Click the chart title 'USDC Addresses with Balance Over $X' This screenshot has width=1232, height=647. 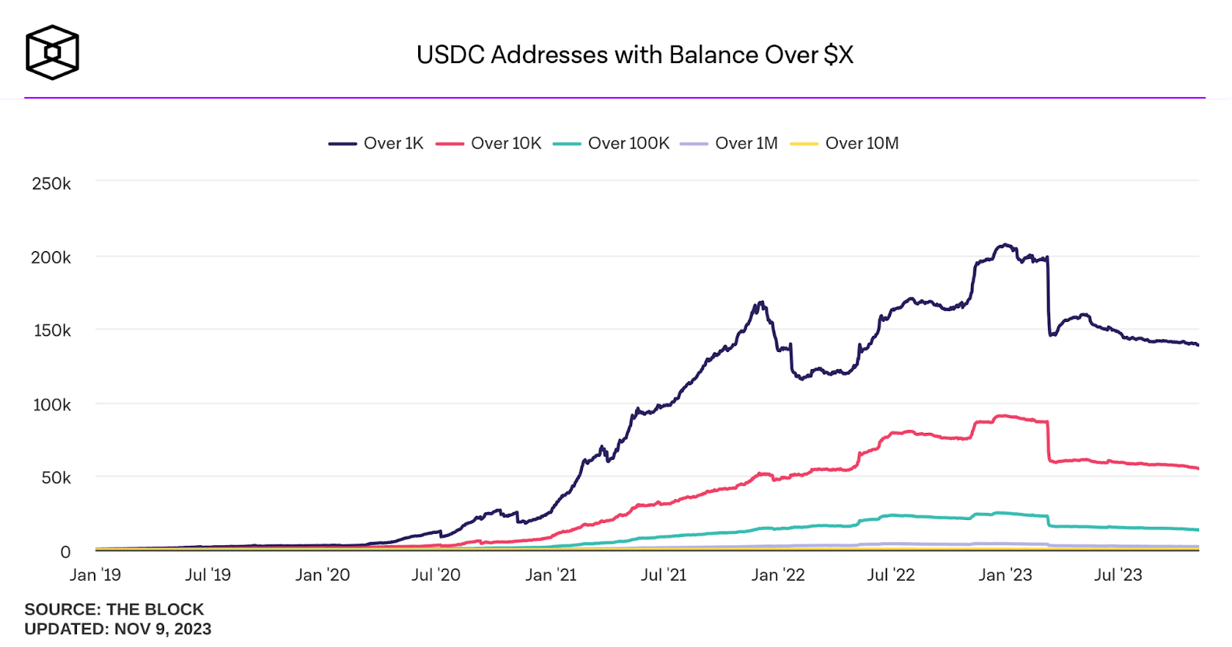[634, 55]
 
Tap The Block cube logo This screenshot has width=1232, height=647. [52, 52]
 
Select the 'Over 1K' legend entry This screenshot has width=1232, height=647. [377, 143]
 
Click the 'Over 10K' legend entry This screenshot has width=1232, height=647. [489, 143]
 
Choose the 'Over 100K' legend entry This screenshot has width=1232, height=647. [611, 143]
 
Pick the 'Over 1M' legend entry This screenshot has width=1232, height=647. [730, 143]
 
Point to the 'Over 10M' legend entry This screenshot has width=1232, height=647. [845, 143]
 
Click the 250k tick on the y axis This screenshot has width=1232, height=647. [52, 183]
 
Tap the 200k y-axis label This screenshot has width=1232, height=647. [51, 257]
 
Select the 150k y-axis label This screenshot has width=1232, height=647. [52, 330]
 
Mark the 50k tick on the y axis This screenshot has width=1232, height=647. [55, 478]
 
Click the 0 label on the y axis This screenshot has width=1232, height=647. [65, 551]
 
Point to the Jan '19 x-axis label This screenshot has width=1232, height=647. [95, 575]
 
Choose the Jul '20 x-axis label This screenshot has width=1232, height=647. [436, 575]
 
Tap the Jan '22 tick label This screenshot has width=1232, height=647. [778, 575]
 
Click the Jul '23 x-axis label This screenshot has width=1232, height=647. [1118, 575]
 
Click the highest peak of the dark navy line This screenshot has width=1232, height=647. [1005, 245]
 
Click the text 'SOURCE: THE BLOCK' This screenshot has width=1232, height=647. [114, 609]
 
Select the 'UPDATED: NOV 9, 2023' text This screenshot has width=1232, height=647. [118, 629]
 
